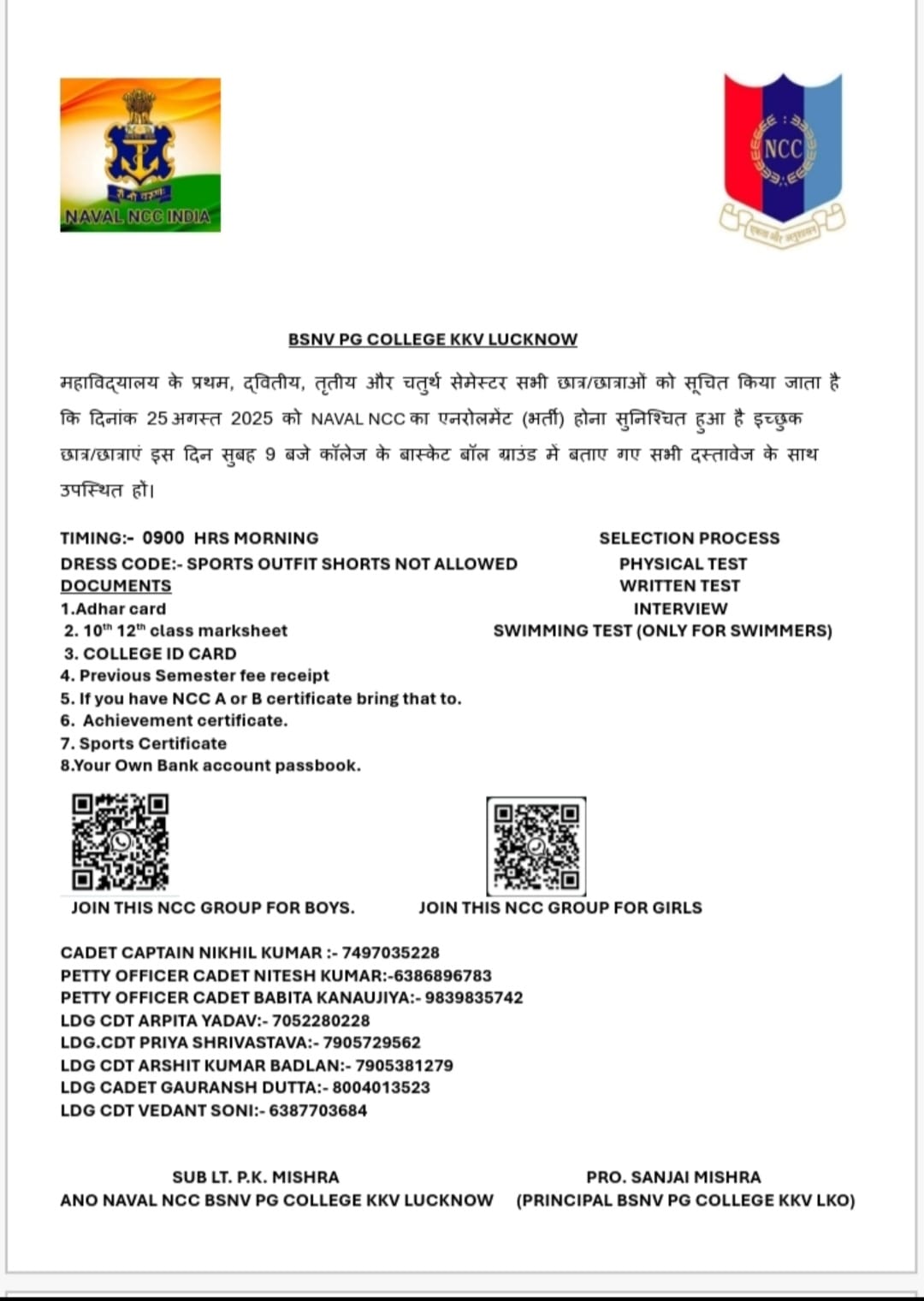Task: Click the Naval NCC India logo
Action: (x=140, y=155)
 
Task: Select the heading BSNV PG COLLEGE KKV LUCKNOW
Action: (x=432, y=340)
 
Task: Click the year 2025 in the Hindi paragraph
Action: (x=252, y=419)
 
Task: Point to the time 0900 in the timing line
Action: (x=163, y=538)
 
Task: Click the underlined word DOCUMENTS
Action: (x=115, y=586)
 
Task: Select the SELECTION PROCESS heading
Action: (x=689, y=538)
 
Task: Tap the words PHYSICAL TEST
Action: (x=683, y=564)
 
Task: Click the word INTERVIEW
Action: (x=680, y=609)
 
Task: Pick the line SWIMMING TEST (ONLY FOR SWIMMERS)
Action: (x=662, y=631)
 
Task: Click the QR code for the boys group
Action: (x=120, y=842)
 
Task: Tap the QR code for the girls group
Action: (x=536, y=845)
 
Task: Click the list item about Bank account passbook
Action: (x=210, y=766)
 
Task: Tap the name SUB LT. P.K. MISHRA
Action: (x=255, y=1177)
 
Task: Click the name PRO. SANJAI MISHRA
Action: (x=673, y=1177)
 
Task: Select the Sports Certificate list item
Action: (x=144, y=743)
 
